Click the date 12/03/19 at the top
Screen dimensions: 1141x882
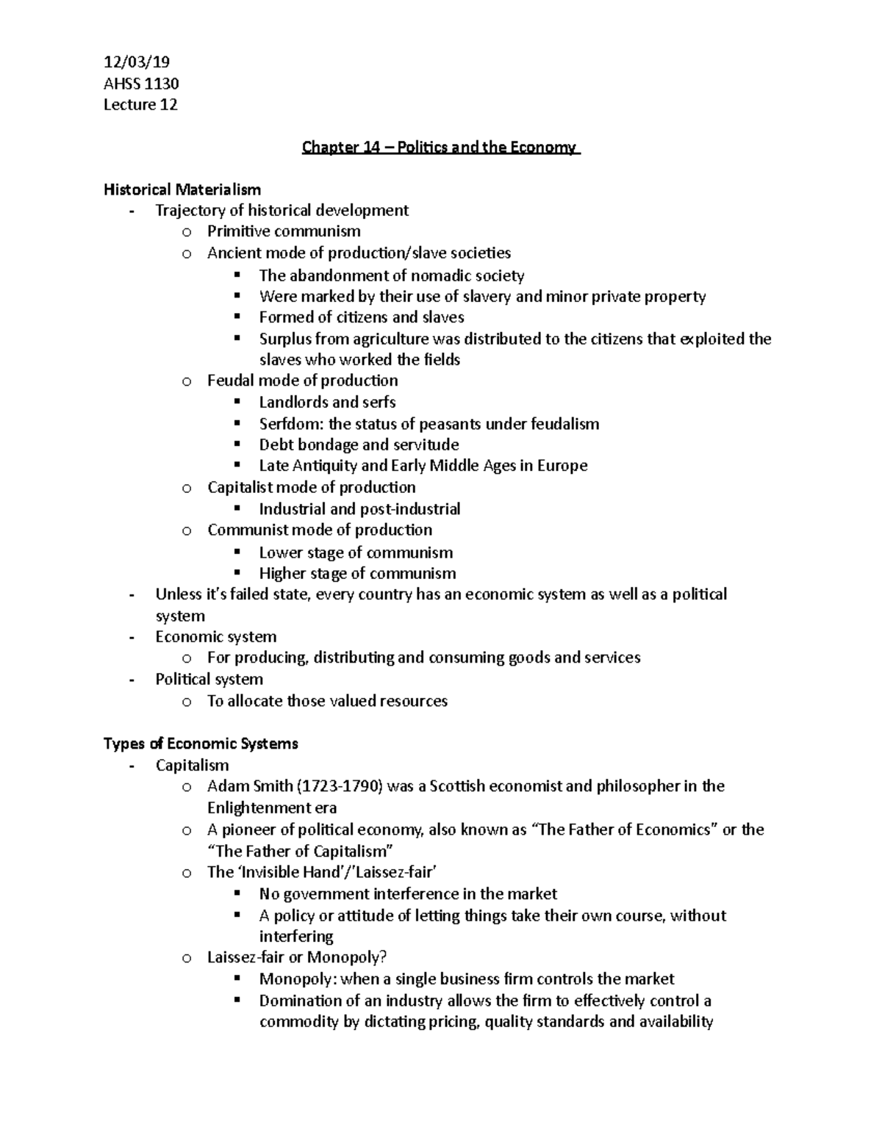[x=137, y=62]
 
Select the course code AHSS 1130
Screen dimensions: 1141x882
[x=141, y=84]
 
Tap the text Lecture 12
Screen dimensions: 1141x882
[x=140, y=105]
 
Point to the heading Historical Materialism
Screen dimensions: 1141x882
[x=182, y=190]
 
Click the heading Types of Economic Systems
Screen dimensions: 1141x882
[x=201, y=744]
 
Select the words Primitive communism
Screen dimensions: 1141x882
[x=284, y=231]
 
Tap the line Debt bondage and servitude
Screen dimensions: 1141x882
[x=359, y=444]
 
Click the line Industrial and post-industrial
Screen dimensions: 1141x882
[x=359, y=508]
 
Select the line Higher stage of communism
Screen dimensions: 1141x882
[x=357, y=573]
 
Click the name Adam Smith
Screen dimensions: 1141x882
[x=249, y=786]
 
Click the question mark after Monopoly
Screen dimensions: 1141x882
[x=383, y=957]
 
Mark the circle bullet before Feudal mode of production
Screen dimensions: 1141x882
[x=187, y=381]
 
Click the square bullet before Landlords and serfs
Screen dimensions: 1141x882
[x=237, y=402]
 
